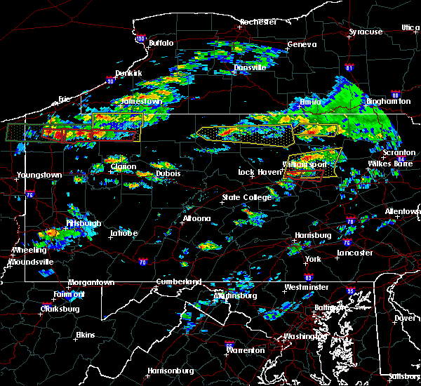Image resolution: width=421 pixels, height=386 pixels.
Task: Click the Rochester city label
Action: pyautogui.click(x=258, y=22)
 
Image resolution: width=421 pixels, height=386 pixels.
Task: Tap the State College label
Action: pyautogui.click(x=246, y=198)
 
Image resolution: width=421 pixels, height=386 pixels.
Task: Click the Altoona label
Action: pyautogui.click(x=196, y=218)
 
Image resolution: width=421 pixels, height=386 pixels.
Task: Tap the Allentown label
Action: pyautogui.click(x=402, y=211)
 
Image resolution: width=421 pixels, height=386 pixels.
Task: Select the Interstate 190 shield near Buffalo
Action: pyautogui.click(x=140, y=39)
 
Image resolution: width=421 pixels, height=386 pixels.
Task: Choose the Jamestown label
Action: pyautogui.click(x=142, y=101)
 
